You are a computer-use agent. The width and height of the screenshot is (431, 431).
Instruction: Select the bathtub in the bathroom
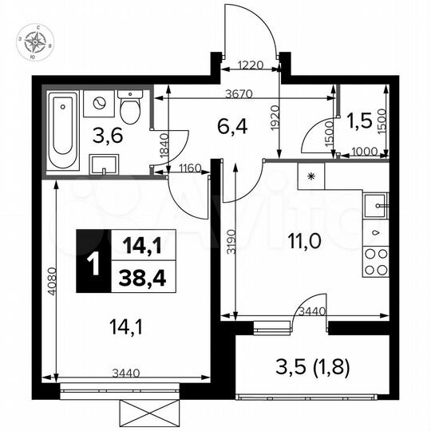[x=61, y=132]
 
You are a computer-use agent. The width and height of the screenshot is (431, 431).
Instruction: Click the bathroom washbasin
[x=105, y=164]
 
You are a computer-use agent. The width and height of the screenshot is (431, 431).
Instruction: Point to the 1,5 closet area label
[x=358, y=121]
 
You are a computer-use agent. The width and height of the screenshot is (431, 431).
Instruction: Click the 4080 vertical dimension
[x=50, y=281]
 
